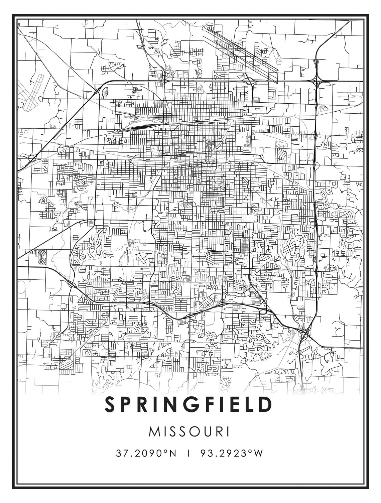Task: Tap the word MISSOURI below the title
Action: click(x=189, y=431)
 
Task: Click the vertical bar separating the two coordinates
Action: click(x=189, y=454)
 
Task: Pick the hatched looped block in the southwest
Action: click(x=41, y=257)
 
